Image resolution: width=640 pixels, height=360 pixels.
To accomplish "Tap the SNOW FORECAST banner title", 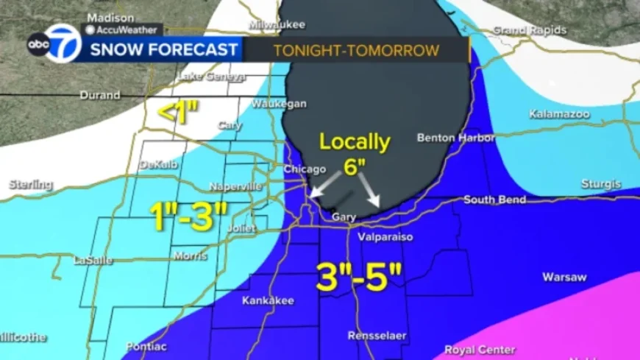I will point(165,49).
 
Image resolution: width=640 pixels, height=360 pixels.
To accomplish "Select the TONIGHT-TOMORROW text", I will point(356,50).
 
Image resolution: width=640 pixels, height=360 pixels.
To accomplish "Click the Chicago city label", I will point(304,169).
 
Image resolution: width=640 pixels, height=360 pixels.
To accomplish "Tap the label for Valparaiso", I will point(385,237).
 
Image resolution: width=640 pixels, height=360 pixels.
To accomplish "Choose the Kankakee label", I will point(269,300).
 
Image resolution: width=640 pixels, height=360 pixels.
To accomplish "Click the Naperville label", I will point(235,186).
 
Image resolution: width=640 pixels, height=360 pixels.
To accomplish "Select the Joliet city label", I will point(241,228).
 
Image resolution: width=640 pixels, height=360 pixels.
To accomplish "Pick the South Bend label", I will point(494,200).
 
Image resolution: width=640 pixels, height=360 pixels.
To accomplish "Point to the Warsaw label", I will point(564,277).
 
